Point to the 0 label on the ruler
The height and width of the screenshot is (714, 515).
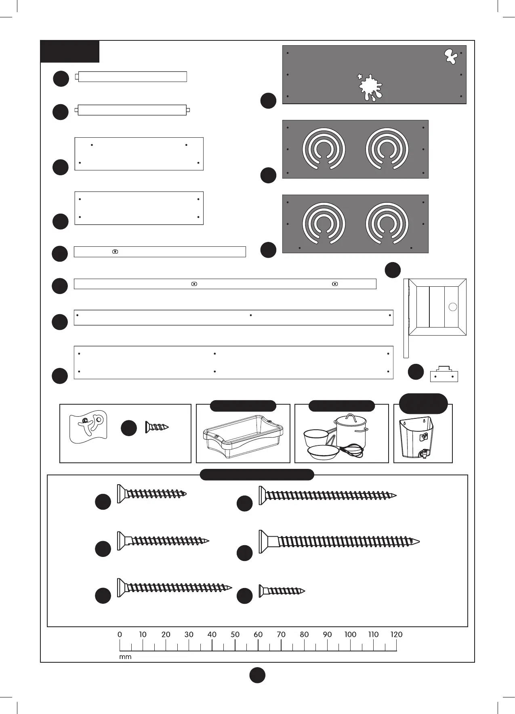tap(120, 634)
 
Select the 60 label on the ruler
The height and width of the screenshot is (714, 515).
tap(258, 634)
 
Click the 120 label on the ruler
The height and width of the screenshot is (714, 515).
tap(396, 634)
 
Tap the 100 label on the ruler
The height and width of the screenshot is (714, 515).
tap(350, 634)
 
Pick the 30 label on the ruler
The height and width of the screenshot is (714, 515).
tap(189, 634)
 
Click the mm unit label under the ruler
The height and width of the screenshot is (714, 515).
tap(125, 657)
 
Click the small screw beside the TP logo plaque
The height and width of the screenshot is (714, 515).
tap(157, 427)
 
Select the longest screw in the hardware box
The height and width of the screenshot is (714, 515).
tap(339, 541)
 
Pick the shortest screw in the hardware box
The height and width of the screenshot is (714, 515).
tap(282, 591)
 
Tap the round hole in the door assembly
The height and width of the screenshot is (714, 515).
tap(453, 307)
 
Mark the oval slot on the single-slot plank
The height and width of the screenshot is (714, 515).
tap(115, 252)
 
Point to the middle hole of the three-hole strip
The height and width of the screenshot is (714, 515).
tap(251, 315)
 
